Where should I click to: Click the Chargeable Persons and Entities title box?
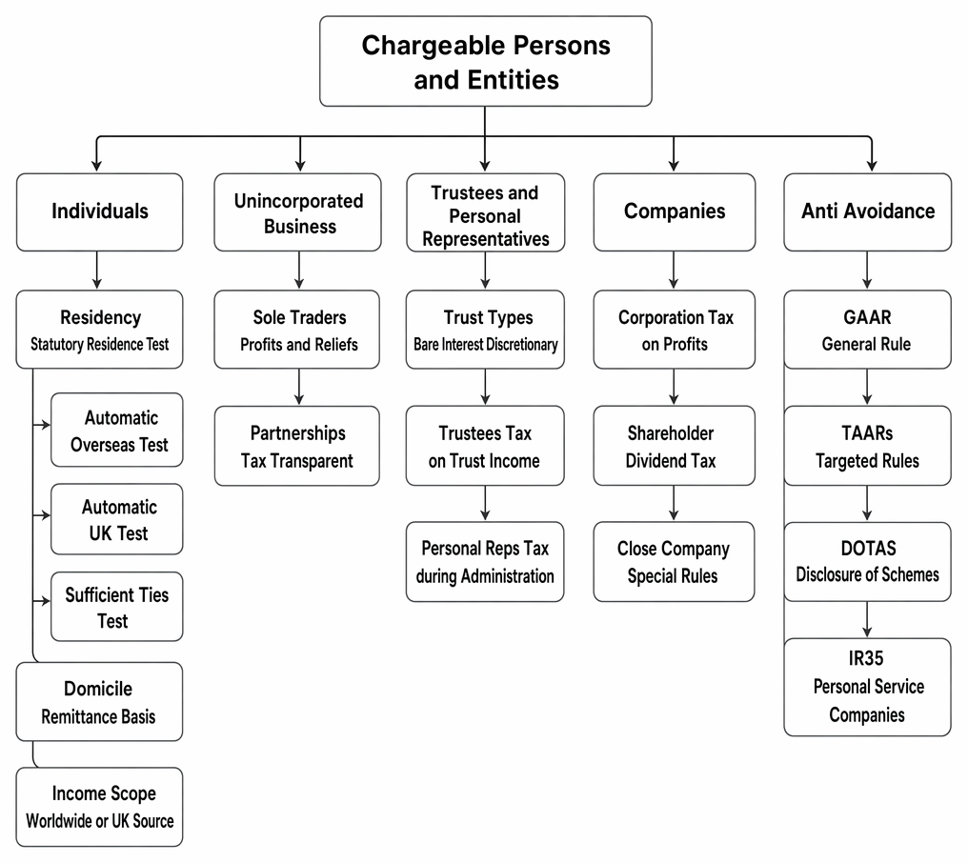pos(485,61)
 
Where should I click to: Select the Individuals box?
pos(99,211)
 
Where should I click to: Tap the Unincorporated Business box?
pos(297,211)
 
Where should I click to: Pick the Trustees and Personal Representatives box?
pos(485,212)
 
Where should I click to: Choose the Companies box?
pos(675,211)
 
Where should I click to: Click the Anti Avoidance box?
pos(867,211)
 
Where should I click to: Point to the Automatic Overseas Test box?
pos(116,430)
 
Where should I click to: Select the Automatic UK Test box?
pos(116,519)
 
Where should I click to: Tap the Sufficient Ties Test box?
pos(116,607)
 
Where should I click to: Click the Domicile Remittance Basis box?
pos(99,702)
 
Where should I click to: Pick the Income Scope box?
pos(99,807)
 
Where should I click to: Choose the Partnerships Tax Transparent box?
pos(297,446)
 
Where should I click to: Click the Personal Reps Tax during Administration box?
pos(485,562)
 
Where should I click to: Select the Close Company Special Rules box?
pos(674,562)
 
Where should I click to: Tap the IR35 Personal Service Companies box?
pos(867,687)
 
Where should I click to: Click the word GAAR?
pos(867,317)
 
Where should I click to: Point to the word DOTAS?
pos(868,548)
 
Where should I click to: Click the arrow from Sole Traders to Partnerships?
pos(299,387)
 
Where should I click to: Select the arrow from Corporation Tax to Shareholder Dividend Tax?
pos(674,387)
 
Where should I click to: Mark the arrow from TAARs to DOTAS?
pos(867,503)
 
